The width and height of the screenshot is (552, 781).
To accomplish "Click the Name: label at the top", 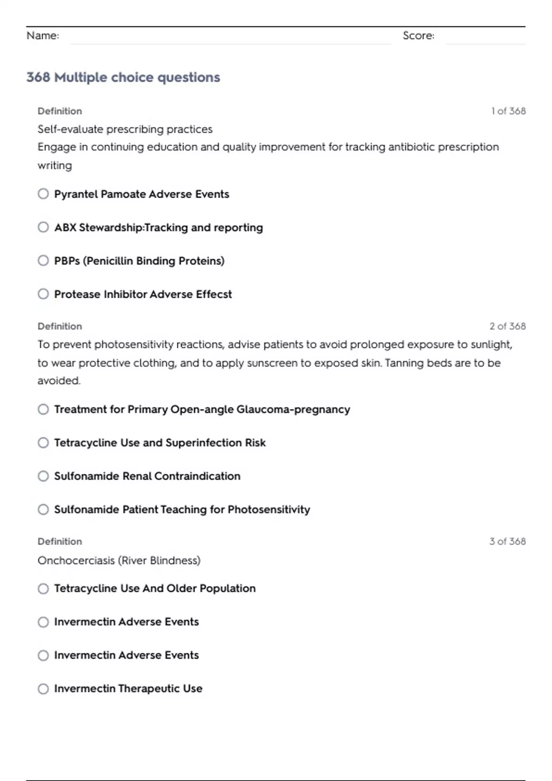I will click(x=43, y=36).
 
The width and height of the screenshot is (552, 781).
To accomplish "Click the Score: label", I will click(x=418, y=36).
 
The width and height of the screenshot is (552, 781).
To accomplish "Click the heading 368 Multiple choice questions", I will click(x=123, y=77).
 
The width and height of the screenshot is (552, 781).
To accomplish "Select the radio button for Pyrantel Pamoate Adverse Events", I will click(x=43, y=194).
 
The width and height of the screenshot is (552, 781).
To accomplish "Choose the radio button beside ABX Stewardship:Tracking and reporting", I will click(x=43, y=227).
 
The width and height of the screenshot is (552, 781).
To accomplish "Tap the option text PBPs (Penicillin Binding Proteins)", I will click(x=139, y=261).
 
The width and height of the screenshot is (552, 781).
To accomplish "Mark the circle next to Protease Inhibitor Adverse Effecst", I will click(x=43, y=294).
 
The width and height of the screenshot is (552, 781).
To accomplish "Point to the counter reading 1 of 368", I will click(x=508, y=111).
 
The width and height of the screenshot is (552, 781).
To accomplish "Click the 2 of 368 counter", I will click(x=507, y=326).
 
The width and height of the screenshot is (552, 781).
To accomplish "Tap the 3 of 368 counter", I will click(x=507, y=542).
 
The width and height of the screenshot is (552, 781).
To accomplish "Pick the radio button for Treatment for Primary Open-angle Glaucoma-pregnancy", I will click(x=43, y=409).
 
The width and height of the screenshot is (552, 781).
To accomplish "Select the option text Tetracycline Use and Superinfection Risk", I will click(x=160, y=443).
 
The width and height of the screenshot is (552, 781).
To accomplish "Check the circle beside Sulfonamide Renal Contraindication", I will click(x=43, y=476).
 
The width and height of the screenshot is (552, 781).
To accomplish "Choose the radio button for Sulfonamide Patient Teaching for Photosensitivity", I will click(x=43, y=509).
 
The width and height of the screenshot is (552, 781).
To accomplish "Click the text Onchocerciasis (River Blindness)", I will click(x=119, y=560).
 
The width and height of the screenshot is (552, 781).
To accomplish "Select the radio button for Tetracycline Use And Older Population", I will click(x=43, y=589).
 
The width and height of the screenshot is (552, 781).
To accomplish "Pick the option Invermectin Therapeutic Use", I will click(x=128, y=689).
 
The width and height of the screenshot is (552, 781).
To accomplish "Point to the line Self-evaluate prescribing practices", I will click(x=125, y=130).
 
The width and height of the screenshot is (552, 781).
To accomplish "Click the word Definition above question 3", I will click(x=60, y=542).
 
